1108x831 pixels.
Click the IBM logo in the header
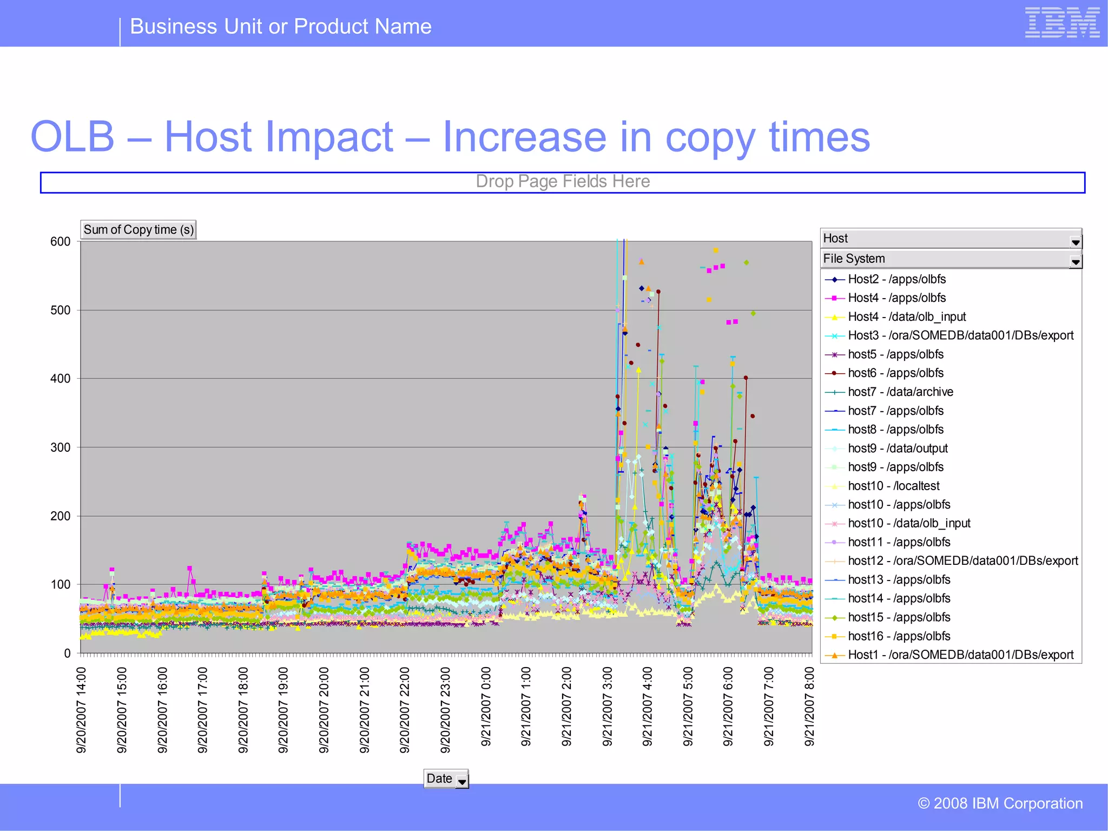[x=1062, y=23]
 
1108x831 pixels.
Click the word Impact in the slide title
[x=279, y=137]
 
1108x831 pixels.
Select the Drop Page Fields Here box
[x=563, y=182]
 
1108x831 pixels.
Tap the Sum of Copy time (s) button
[x=138, y=230]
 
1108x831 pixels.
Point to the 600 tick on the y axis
[x=60, y=242]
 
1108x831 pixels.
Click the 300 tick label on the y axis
[x=60, y=447]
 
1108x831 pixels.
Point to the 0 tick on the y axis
[x=67, y=654]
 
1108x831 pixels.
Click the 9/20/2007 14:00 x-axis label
[x=81, y=709]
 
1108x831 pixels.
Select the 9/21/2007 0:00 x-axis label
[x=486, y=707]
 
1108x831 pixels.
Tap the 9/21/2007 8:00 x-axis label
[x=809, y=707]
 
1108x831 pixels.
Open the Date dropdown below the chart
[x=461, y=780]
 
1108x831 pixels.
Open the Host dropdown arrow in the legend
[x=1076, y=242]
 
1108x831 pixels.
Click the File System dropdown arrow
[x=1076, y=262]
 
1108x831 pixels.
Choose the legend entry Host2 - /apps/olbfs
[x=896, y=280]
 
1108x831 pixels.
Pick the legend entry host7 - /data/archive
[x=900, y=392]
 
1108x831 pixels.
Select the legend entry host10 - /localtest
[x=893, y=486]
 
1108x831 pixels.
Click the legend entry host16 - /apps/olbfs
[x=899, y=637]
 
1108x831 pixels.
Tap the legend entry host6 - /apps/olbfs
[x=895, y=373]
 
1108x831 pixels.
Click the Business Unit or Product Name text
[x=281, y=27]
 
